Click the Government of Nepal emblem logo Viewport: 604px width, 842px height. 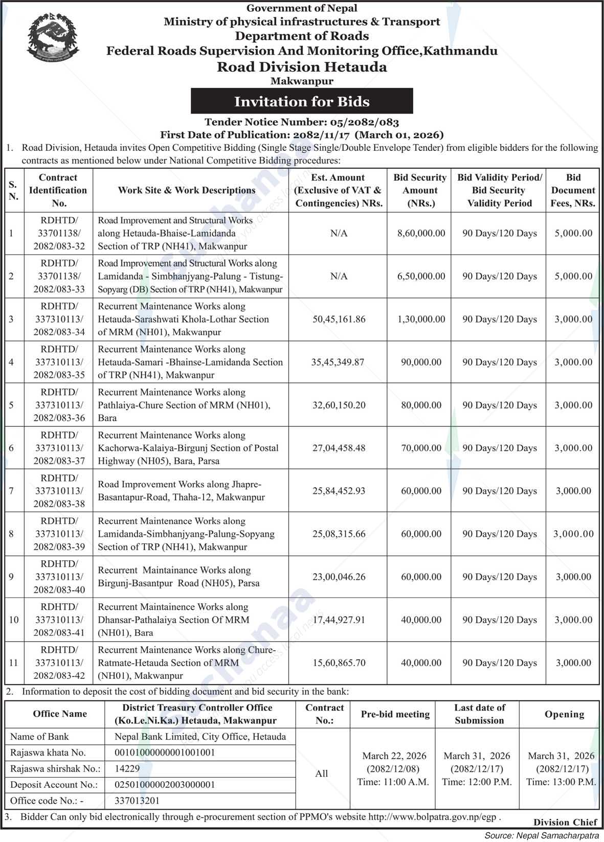tap(53, 38)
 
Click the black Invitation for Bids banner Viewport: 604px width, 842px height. tap(302, 101)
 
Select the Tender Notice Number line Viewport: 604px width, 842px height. tap(302, 122)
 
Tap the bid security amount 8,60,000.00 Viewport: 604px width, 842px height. tap(421, 233)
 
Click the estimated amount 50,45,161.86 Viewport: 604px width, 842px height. tap(339, 319)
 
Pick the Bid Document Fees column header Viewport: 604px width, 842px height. tap(573, 190)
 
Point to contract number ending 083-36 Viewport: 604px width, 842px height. tap(59, 405)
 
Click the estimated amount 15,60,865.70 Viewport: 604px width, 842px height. tap(339, 663)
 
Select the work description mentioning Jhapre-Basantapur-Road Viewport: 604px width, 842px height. tap(181, 491)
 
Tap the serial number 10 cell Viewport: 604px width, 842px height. tap(13, 620)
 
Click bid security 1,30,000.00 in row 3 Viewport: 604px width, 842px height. tap(421, 319)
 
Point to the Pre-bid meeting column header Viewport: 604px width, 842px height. tap(395, 714)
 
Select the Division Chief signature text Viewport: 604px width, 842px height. tap(565, 822)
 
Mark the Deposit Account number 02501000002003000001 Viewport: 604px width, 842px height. tap(165, 784)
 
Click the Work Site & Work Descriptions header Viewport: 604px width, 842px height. tap(186, 190)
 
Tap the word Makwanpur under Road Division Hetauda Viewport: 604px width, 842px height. tap(302, 81)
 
